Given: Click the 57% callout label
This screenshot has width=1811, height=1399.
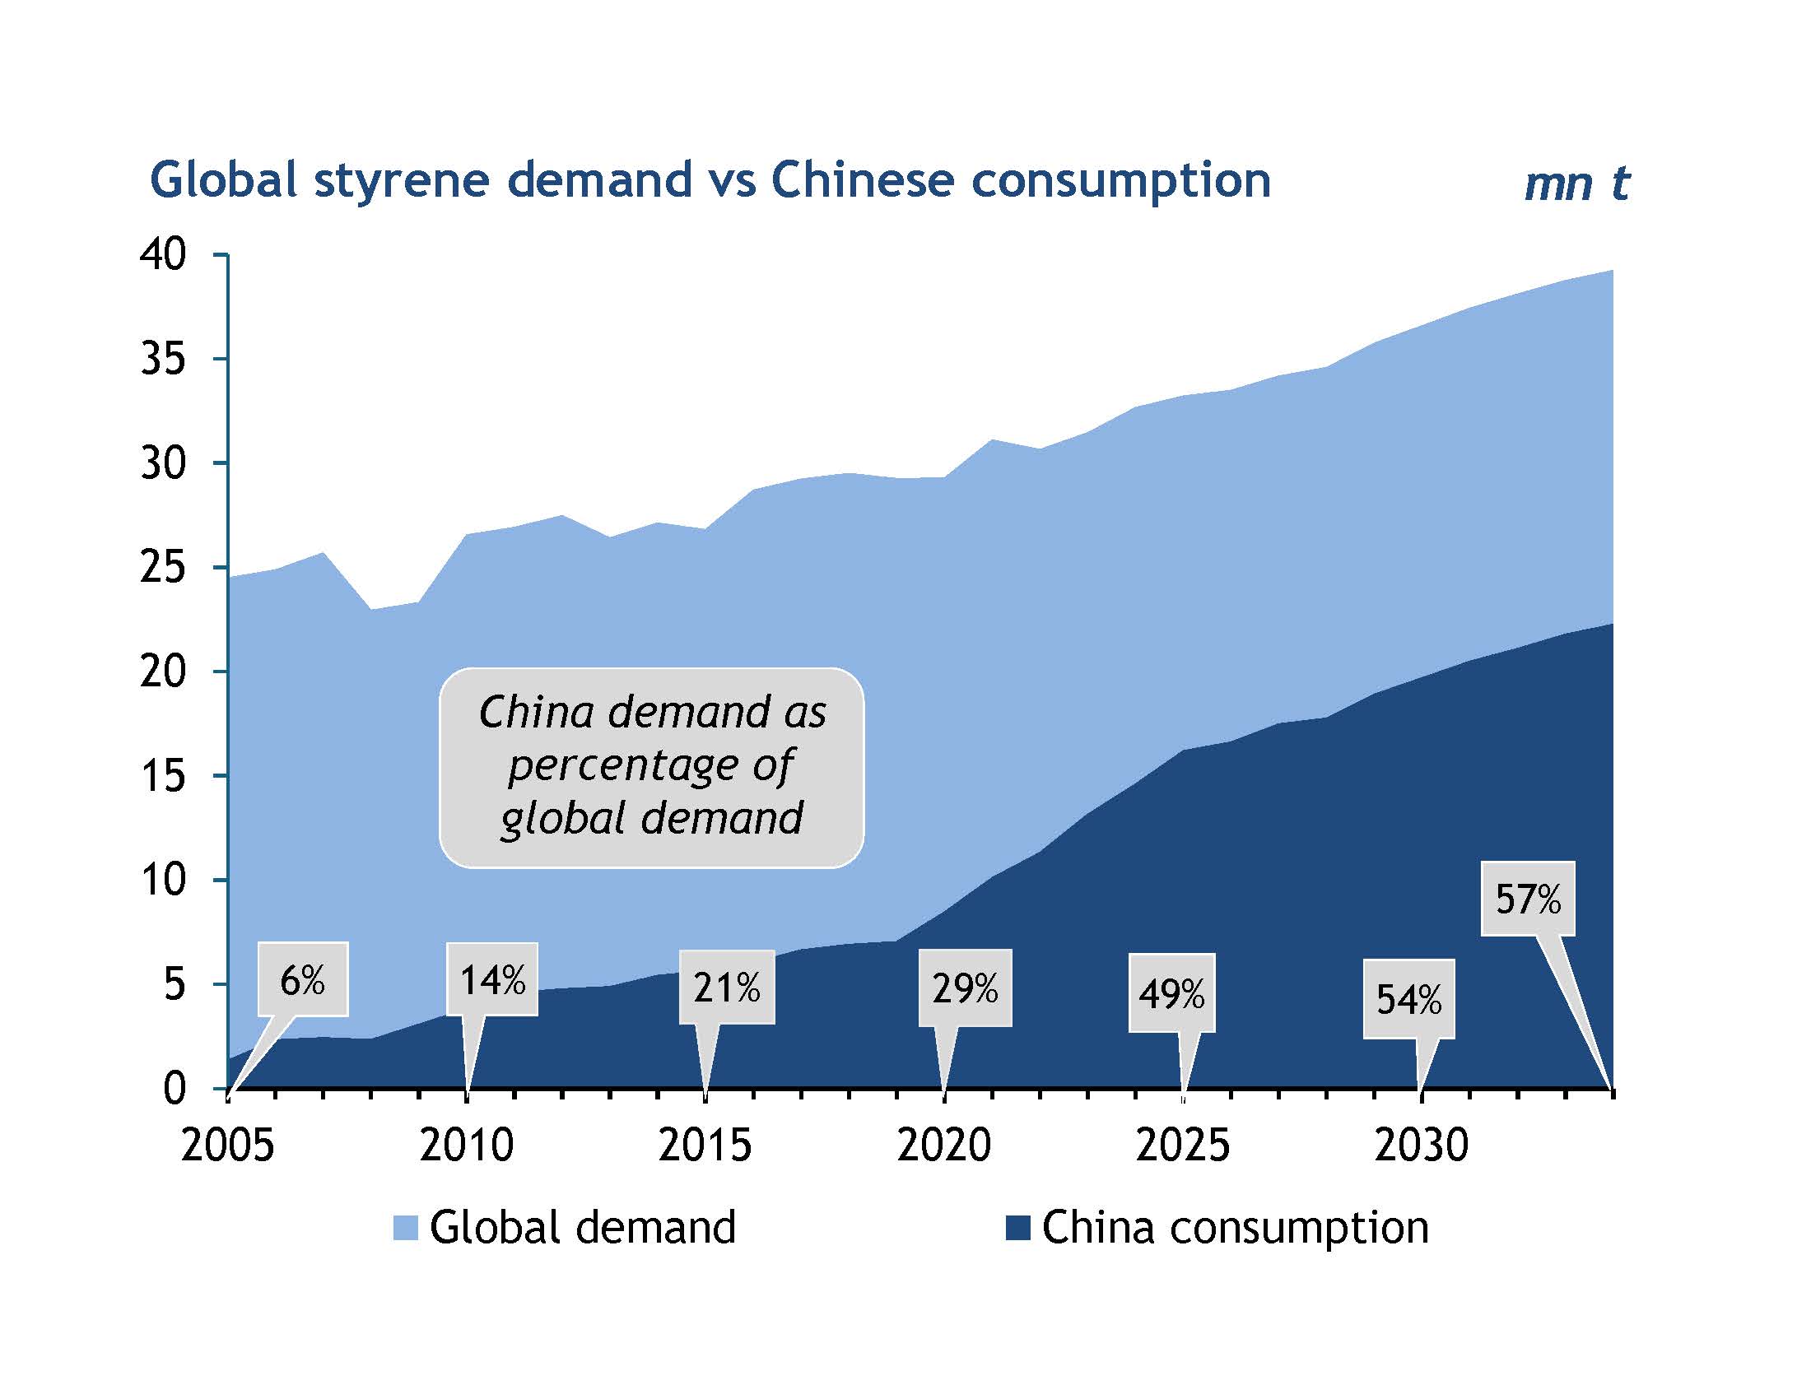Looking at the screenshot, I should pyautogui.click(x=1527, y=899).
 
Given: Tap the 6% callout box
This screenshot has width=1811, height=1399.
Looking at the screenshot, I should pyautogui.click(x=303, y=980).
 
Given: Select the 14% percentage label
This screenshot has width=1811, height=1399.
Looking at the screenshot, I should pyautogui.click(x=492, y=980).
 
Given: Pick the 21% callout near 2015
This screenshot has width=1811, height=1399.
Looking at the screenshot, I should pyautogui.click(x=726, y=988).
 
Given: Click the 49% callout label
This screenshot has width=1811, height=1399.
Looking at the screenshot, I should pyautogui.click(x=1171, y=994).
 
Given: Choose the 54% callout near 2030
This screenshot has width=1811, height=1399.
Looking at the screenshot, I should pyautogui.click(x=1408, y=1000).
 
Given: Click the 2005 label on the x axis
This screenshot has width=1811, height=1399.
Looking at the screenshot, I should pyautogui.click(x=227, y=1146).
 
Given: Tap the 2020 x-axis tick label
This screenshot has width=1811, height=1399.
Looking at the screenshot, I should pyautogui.click(x=943, y=1146).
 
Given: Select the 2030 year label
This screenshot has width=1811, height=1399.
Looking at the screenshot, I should pyautogui.click(x=1422, y=1146).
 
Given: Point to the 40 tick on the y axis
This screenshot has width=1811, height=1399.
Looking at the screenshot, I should pyautogui.click(x=162, y=254).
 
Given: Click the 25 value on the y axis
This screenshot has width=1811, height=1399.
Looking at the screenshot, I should pyautogui.click(x=162, y=568).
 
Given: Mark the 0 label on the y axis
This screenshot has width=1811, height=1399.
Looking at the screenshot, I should pyautogui.click(x=175, y=1088).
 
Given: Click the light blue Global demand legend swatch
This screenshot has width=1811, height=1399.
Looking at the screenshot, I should pyautogui.click(x=406, y=1229).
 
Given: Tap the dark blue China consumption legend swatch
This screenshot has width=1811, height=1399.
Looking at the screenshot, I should pyautogui.click(x=1017, y=1229).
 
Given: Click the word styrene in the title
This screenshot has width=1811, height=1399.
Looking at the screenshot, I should pyautogui.click(x=402, y=181).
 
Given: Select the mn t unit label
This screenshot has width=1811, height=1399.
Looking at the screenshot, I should pyautogui.click(x=1576, y=184).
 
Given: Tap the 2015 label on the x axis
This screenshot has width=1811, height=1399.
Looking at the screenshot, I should pyautogui.click(x=705, y=1146).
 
